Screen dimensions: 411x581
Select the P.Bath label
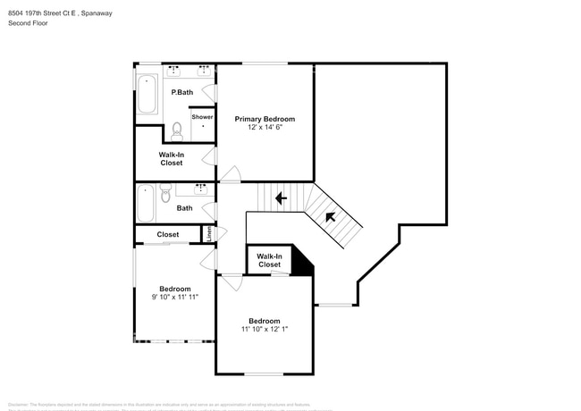[x=182, y=92]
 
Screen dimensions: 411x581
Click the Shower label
[x=202, y=117]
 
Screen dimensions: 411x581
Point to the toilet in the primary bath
[x=176, y=131]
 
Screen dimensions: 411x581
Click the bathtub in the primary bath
[x=147, y=94]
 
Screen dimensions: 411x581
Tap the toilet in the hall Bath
[x=164, y=193]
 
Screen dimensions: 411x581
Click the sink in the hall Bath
[x=200, y=189]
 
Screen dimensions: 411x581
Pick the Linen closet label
[x=209, y=234]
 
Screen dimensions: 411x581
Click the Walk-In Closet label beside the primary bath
[x=171, y=158]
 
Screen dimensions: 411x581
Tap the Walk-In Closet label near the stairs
[x=269, y=260]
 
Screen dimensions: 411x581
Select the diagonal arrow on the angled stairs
[x=330, y=216]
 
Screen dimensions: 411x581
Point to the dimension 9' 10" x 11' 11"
[x=175, y=297]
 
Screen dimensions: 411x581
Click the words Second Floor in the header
[x=28, y=23]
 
